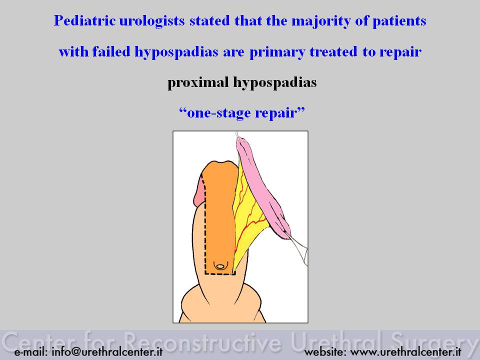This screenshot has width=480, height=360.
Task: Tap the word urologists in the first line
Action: (x=152, y=21)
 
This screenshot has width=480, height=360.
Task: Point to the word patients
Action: (x=399, y=21)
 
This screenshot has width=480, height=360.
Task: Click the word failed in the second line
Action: (x=111, y=51)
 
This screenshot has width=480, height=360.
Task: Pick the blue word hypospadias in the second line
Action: (x=176, y=52)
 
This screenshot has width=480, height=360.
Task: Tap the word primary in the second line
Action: (x=277, y=52)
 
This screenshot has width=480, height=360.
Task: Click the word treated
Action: (x=333, y=51)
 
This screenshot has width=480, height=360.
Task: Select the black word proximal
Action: (x=198, y=82)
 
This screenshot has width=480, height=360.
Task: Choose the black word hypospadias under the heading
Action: (x=275, y=82)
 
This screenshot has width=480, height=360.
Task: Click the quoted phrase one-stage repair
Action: (x=242, y=112)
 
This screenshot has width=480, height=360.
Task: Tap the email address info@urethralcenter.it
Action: (x=107, y=351)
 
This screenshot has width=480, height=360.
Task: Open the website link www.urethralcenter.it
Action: (x=406, y=352)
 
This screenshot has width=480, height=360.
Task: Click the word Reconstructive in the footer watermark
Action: (x=202, y=342)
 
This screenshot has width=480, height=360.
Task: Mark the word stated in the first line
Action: (x=209, y=21)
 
